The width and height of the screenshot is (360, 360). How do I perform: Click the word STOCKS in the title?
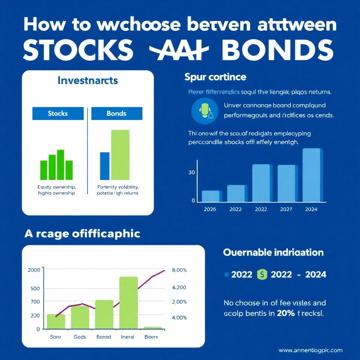(78, 50)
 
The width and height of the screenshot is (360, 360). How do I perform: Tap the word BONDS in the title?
(278, 50)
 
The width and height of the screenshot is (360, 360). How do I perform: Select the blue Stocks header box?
(58, 114)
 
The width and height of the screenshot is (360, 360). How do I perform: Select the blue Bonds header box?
(117, 114)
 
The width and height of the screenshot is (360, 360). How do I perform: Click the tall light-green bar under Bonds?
(120, 155)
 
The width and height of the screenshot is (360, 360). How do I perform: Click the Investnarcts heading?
(87, 81)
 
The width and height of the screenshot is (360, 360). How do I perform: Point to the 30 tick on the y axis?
(191, 173)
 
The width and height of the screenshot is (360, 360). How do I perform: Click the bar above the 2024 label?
(312, 175)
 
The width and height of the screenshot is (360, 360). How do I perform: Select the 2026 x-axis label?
(210, 209)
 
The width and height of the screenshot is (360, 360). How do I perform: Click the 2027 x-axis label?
(286, 209)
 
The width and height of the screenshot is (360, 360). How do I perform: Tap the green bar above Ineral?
(128, 303)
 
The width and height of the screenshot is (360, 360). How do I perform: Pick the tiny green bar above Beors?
(153, 328)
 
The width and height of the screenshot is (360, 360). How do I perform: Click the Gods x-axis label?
(80, 337)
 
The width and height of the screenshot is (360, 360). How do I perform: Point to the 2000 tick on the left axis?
(34, 270)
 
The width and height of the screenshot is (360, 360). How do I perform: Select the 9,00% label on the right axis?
(179, 270)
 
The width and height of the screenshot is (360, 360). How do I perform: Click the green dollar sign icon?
(262, 274)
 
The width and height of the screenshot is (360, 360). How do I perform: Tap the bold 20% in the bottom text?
(285, 313)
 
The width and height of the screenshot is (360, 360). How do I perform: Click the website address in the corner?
(310, 350)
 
